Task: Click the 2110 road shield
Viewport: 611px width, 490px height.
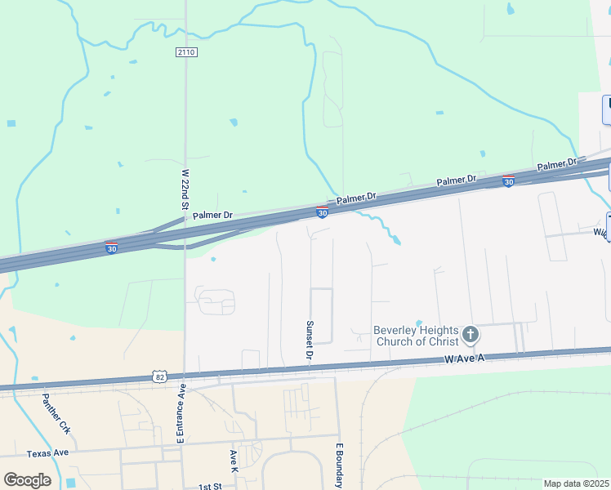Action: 186,51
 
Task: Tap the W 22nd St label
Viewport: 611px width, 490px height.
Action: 185,189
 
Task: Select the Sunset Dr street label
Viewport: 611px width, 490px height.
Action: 310,340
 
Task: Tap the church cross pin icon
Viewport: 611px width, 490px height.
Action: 470,334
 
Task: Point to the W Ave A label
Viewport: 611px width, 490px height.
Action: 465,359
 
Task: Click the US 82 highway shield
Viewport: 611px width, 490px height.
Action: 159,376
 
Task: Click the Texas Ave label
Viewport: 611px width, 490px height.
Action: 47,453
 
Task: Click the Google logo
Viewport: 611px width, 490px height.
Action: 27,479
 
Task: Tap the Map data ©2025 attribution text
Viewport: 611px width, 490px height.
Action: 577,483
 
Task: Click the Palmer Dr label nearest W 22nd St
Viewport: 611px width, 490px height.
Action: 212,215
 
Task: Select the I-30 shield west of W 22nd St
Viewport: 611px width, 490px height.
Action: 110,247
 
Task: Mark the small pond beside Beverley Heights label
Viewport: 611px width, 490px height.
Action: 418,323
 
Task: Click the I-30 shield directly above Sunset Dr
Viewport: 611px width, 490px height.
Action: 322,212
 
